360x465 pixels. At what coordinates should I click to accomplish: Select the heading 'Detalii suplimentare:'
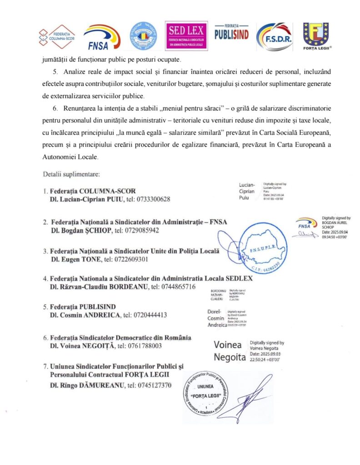click(x=68, y=174)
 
